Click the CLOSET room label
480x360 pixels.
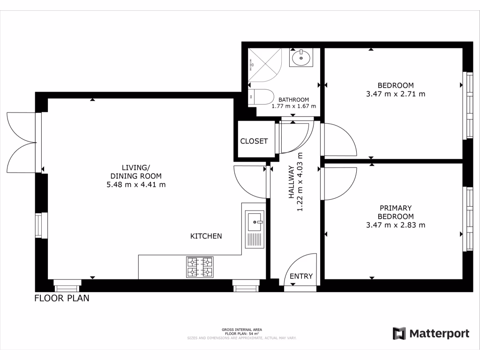(x=254, y=141)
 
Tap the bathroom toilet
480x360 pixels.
(x=261, y=97)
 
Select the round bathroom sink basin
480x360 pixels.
(x=300, y=59)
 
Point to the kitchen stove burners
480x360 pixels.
(x=200, y=267)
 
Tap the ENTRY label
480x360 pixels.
(x=301, y=276)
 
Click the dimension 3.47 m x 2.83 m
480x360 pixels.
(x=396, y=225)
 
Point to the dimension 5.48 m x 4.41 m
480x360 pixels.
(x=136, y=185)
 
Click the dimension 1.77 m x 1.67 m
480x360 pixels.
(x=294, y=106)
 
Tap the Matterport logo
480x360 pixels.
(x=431, y=334)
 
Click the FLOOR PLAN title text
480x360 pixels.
(x=62, y=298)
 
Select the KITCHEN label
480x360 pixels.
(x=206, y=236)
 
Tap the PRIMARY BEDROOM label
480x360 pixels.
(x=396, y=212)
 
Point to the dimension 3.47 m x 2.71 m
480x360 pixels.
(x=396, y=94)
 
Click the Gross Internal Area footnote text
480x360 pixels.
(x=241, y=332)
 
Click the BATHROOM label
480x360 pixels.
(x=294, y=100)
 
